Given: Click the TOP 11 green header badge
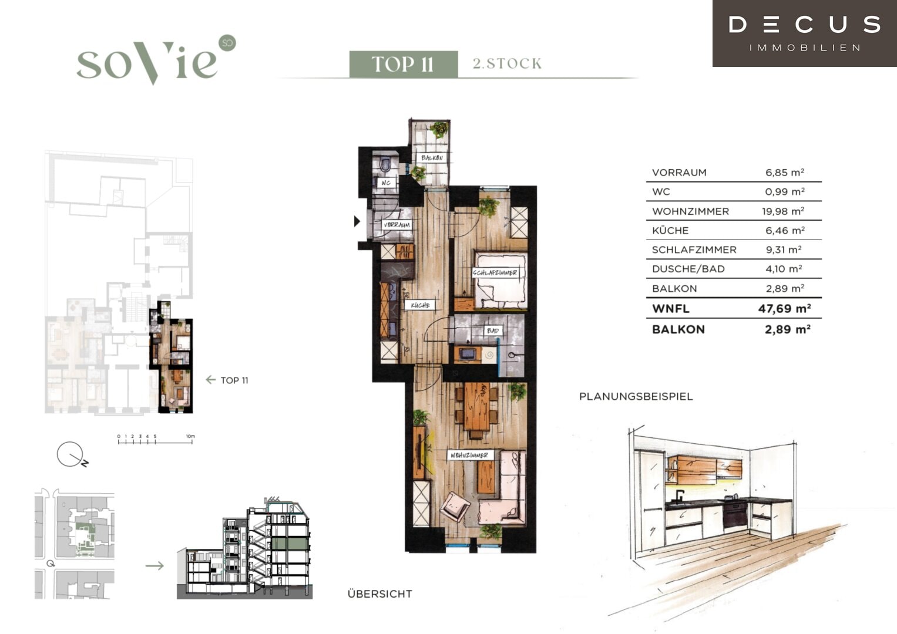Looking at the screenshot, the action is pyautogui.click(x=403, y=64).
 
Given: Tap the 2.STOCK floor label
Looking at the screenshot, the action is pyautogui.click(x=507, y=63).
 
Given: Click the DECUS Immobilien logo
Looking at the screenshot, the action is pyautogui.click(x=805, y=33).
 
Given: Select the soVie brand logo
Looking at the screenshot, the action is pyautogui.click(x=156, y=60).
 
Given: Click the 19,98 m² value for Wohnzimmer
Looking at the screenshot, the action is pyautogui.click(x=783, y=211).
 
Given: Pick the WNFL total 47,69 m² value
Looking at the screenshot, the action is pyautogui.click(x=784, y=308).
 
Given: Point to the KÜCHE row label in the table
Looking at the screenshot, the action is pyautogui.click(x=670, y=231).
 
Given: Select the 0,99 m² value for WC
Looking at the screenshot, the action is pyautogui.click(x=785, y=192).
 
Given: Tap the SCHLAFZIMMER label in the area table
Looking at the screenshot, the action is pyautogui.click(x=694, y=249).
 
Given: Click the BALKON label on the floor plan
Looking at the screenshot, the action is pyautogui.click(x=432, y=158).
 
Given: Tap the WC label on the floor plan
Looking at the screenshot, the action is pyautogui.click(x=385, y=183).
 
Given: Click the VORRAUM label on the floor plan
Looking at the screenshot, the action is pyautogui.click(x=397, y=225).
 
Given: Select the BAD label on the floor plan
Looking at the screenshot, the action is pyautogui.click(x=492, y=331).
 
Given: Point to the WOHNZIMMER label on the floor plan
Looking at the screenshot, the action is pyautogui.click(x=469, y=455).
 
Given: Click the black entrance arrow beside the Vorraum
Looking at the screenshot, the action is pyautogui.click(x=357, y=221).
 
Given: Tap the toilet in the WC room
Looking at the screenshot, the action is pyautogui.click(x=385, y=165).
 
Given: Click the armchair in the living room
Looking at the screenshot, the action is pyautogui.click(x=455, y=506).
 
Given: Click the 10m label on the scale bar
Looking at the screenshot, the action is pyautogui.click(x=190, y=436).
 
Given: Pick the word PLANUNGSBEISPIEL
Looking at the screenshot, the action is pyautogui.click(x=636, y=397).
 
